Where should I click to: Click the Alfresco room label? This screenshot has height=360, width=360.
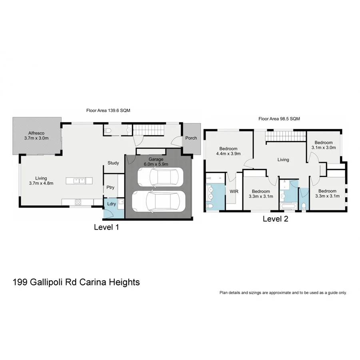click(x=36, y=133)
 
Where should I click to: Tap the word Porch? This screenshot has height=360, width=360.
click(x=191, y=138)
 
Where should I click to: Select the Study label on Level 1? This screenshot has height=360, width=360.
click(x=113, y=163)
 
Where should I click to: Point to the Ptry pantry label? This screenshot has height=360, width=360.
click(x=110, y=188)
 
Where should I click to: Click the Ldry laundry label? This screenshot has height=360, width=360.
click(x=112, y=204)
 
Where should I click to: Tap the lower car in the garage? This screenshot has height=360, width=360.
click(x=159, y=201)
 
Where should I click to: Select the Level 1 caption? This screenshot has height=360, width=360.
click(x=106, y=227)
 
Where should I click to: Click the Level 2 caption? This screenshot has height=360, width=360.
click(x=275, y=219)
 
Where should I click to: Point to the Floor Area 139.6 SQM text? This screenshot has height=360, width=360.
click(x=108, y=110)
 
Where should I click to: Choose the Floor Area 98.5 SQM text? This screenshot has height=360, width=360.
click(x=279, y=118)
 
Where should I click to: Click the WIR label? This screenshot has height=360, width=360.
click(x=234, y=191)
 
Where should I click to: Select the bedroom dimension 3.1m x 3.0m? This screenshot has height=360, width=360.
click(x=323, y=147)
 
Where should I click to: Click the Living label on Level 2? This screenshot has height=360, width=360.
click(x=283, y=160)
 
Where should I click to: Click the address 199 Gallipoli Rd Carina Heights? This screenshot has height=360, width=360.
click(x=76, y=282)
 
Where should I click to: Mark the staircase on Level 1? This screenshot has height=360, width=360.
click(x=148, y=130)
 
